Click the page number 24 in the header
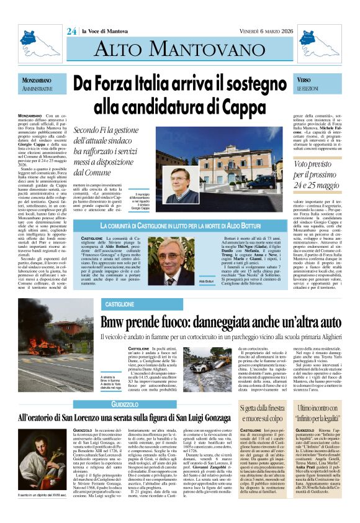click(71, 31)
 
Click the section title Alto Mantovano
click(179, 53)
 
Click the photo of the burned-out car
click(95, 373)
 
